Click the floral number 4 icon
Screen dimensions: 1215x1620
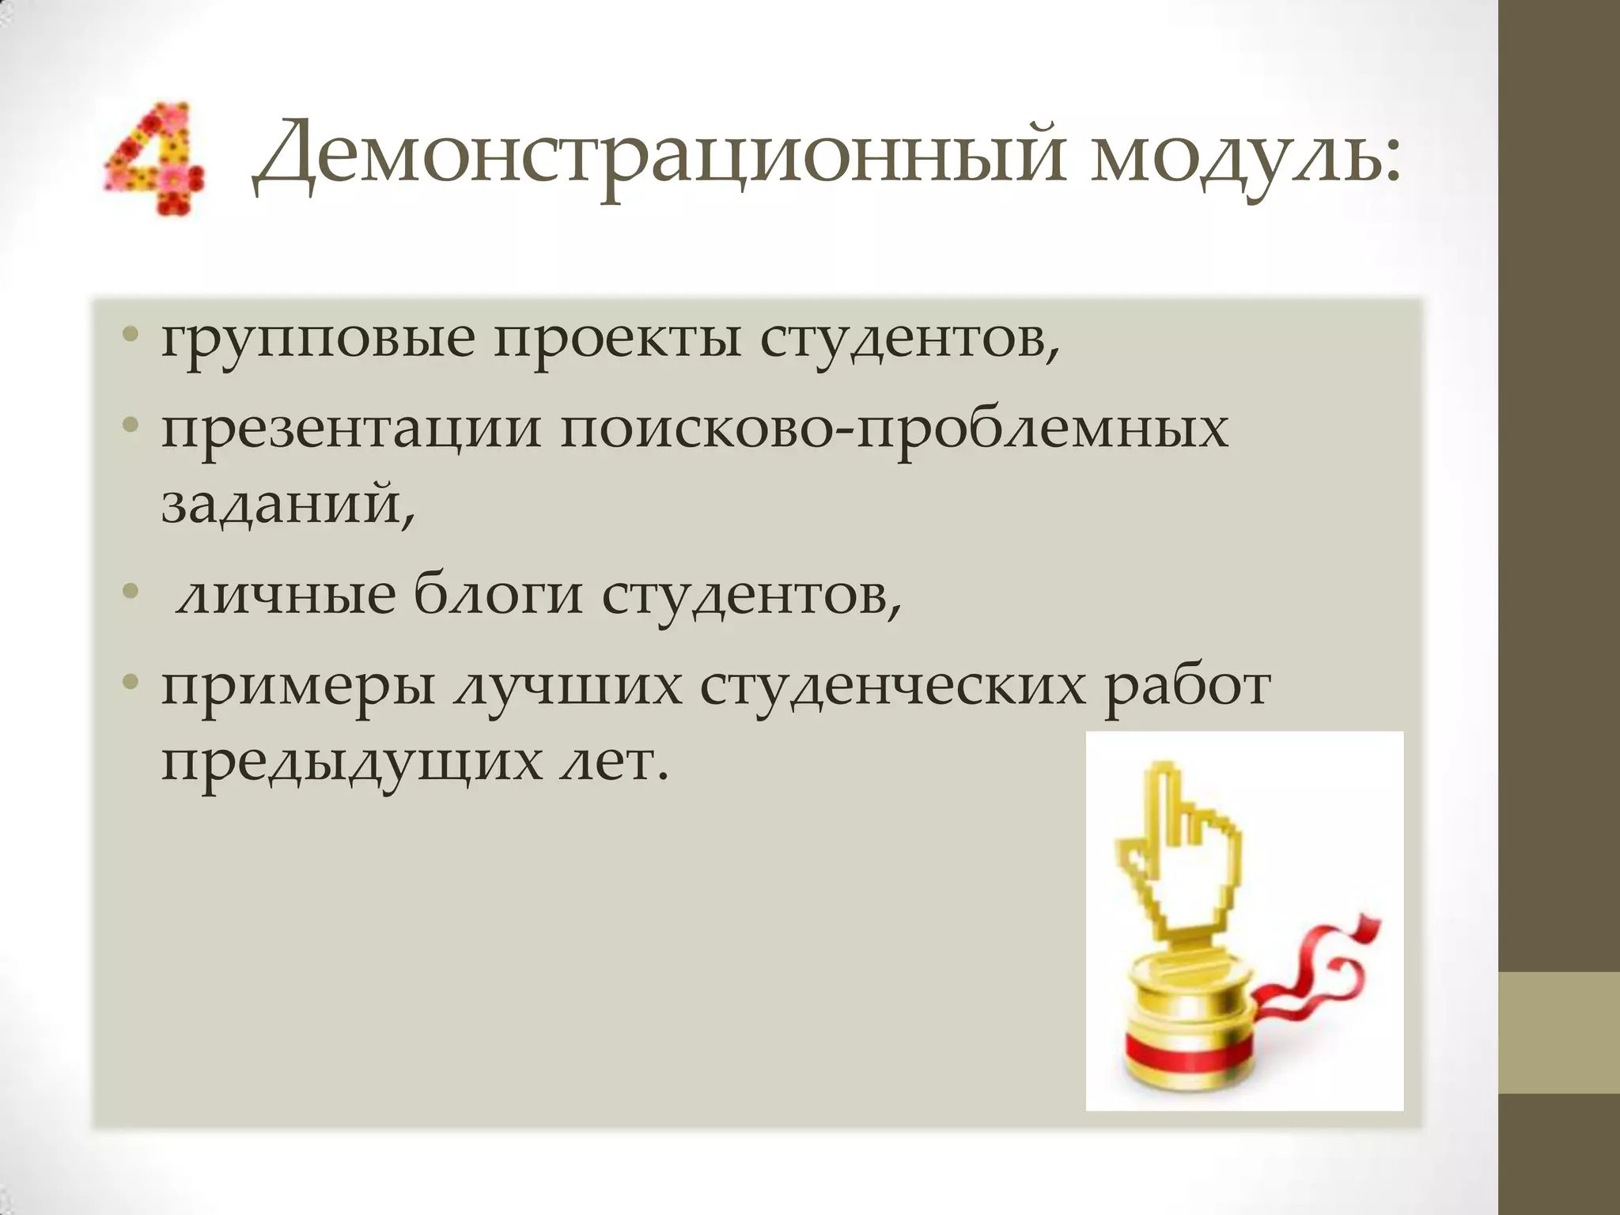pyautogui.click(x=153, y=158)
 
